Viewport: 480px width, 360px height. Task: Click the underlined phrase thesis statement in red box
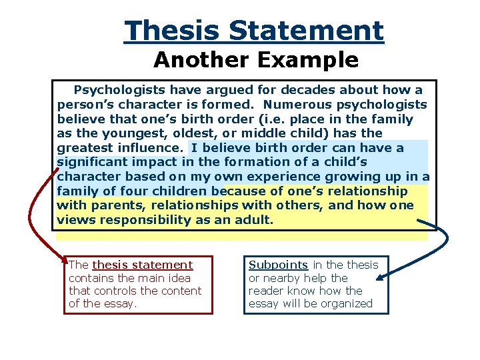[142, 265]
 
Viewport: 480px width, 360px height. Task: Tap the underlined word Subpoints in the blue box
[278, 265]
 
